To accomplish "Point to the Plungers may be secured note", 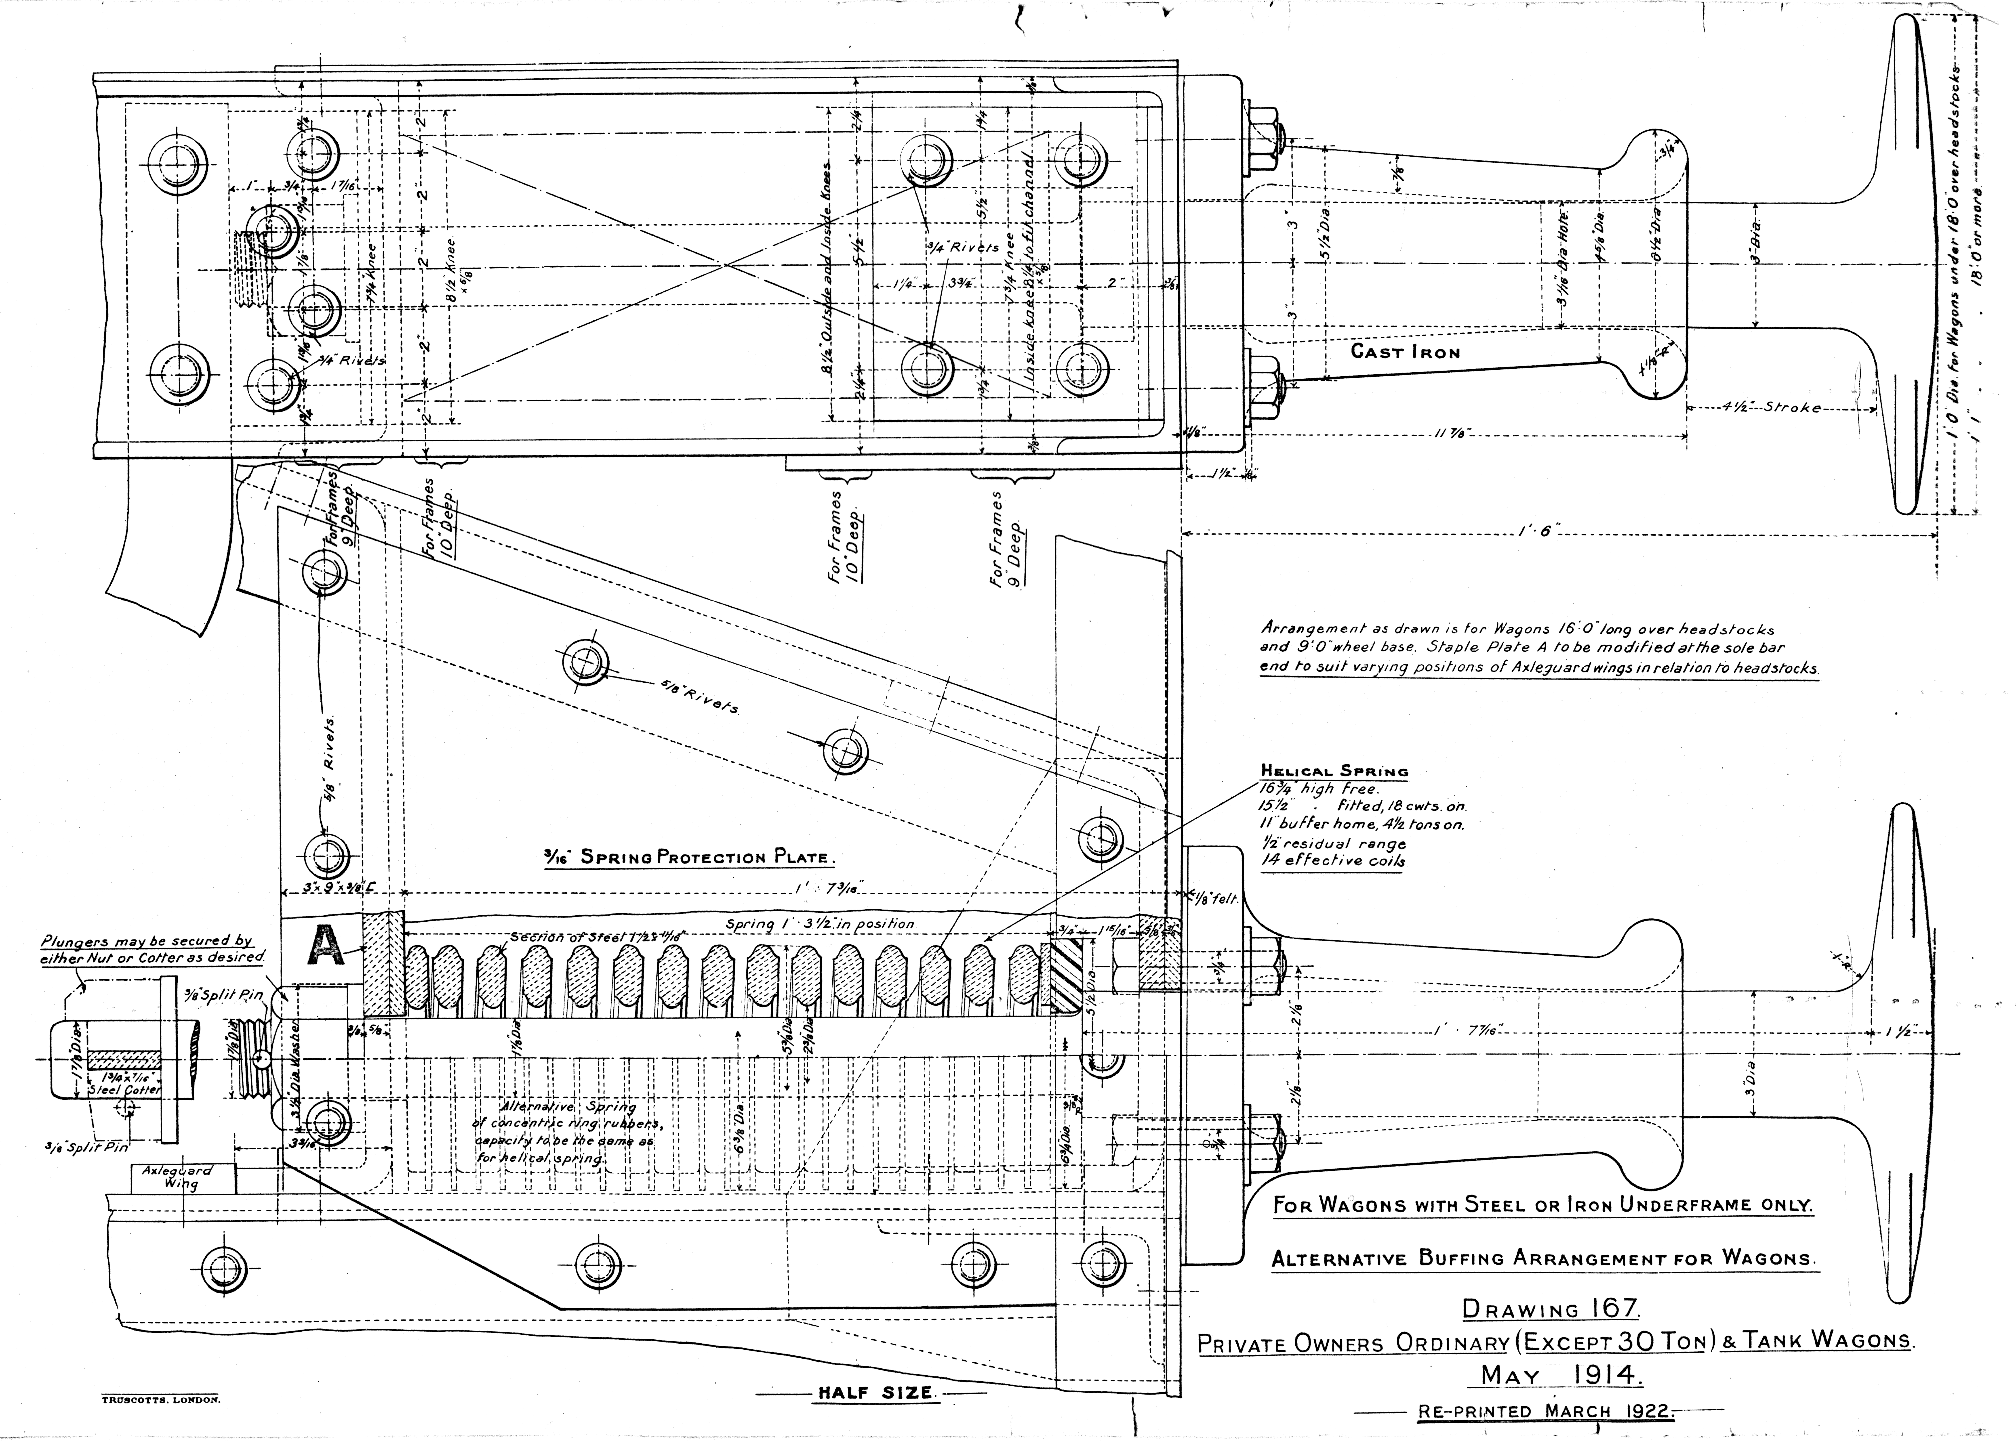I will pyautogui.click(x=153, y=948).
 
